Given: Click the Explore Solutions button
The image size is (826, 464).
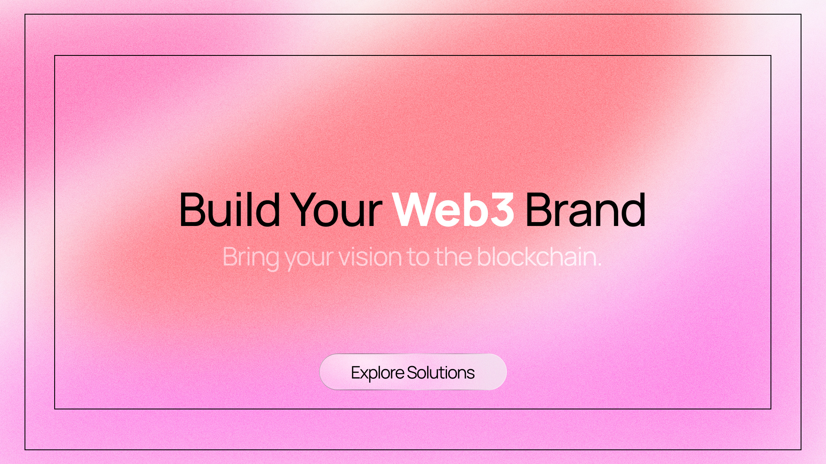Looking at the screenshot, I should pos(413,372).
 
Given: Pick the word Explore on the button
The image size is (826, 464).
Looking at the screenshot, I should pos(377,373).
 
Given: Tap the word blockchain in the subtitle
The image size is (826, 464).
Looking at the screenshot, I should pos(536,257).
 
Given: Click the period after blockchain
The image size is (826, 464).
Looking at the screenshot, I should pos(599,265).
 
